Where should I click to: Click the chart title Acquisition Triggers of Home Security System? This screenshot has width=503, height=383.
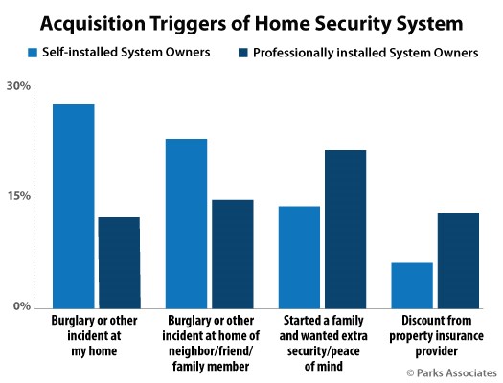click(251, 24)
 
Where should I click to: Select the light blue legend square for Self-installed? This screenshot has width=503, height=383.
click(33, 53)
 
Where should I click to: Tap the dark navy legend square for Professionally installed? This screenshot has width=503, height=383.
click(243, 53)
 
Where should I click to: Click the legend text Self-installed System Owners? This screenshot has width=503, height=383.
click(126, 53)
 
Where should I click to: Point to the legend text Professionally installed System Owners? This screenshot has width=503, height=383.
click(366, 53)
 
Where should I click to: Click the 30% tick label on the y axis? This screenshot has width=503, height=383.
click(18, 86)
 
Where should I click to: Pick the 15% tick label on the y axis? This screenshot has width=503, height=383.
click(19, 196)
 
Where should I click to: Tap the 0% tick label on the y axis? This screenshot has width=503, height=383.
click(22, 306)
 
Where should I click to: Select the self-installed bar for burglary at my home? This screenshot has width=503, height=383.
click(74, 207)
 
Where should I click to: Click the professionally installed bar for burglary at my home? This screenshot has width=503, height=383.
click(120, 262)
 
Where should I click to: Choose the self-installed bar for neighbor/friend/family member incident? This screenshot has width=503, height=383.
click(187, 224)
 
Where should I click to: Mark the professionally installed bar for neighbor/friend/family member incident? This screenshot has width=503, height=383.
click(233, 254)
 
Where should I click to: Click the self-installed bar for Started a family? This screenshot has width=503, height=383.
click(299, 258)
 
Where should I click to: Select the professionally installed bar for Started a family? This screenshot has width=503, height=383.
click(346, 230)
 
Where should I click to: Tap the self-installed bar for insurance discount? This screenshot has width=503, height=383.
click(412, 285)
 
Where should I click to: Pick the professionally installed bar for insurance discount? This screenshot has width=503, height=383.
click(458, 260)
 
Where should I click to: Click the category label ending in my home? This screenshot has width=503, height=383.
click(94, 335)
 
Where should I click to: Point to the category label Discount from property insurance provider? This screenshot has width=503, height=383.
click(436, 335)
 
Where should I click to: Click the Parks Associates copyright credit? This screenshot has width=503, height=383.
click(451, 372)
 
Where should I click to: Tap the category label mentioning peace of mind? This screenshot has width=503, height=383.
click(324, 343)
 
